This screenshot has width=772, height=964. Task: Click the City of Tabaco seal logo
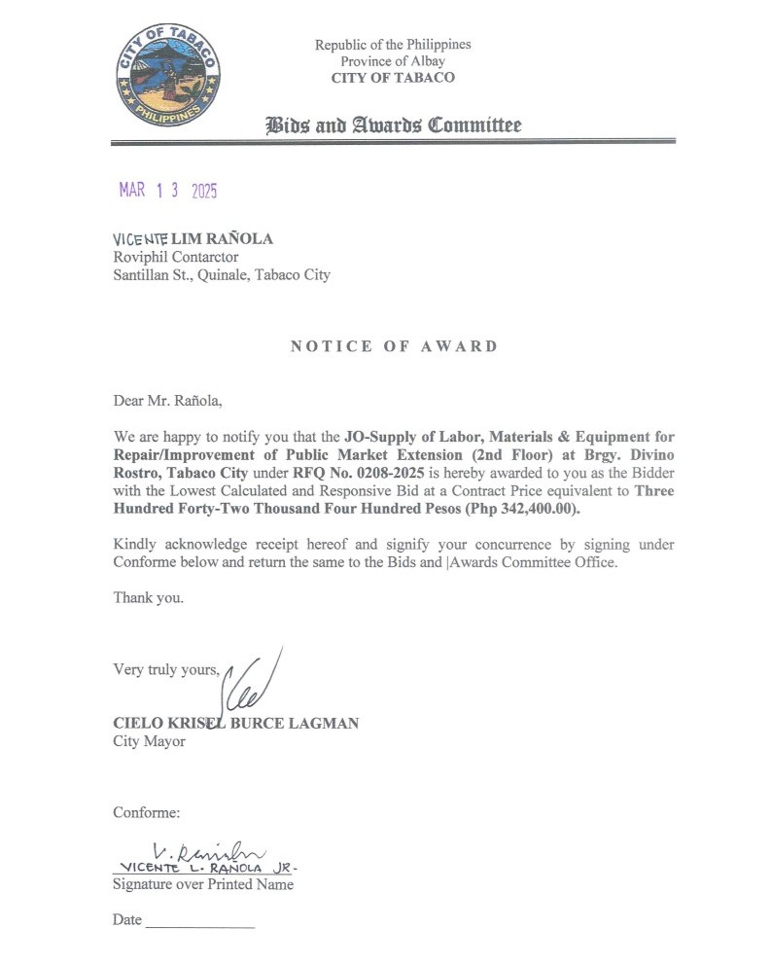coord(167,75)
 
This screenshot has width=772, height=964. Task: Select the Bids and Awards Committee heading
coord(393,125)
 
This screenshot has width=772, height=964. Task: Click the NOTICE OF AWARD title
coord(393,346)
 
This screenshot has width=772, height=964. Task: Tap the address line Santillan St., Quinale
coord(222,274)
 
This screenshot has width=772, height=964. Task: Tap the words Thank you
coord(148,597)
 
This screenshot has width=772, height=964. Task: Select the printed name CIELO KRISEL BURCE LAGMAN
coord(236,723)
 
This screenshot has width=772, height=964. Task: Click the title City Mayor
coord(149,741)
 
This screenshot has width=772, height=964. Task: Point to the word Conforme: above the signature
coord(146,812)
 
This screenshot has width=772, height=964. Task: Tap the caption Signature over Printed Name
coord(202,884)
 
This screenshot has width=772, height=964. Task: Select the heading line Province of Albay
coord(393,61)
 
